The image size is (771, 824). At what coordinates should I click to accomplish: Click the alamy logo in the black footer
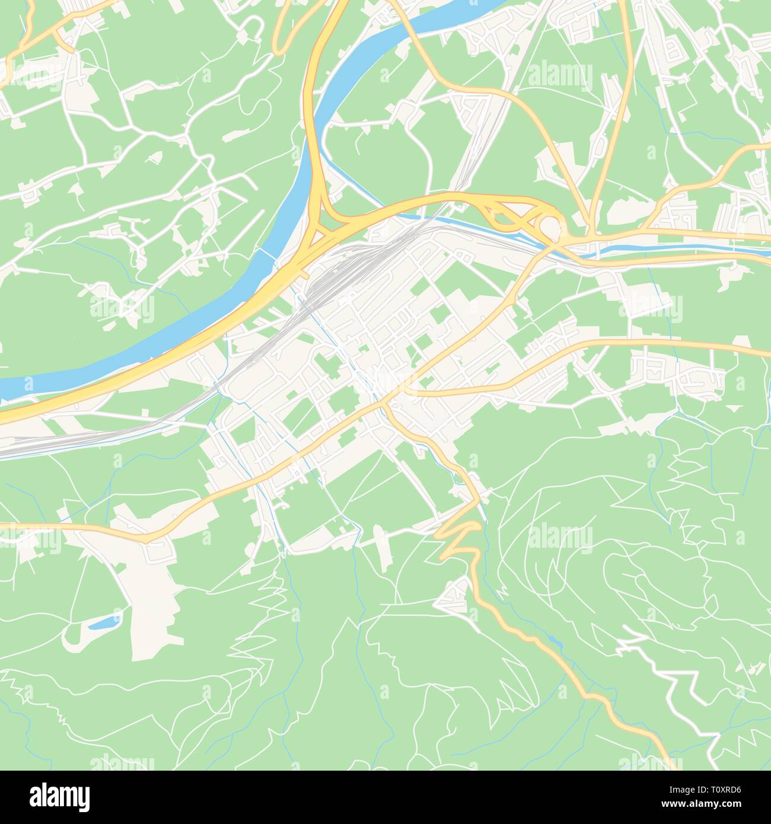pos(60,794)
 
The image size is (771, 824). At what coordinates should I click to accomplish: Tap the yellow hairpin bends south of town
pos(460,536)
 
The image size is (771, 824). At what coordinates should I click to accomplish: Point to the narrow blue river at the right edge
pos(762,251)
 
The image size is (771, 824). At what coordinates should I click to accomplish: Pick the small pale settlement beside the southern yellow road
pos(454,596)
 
